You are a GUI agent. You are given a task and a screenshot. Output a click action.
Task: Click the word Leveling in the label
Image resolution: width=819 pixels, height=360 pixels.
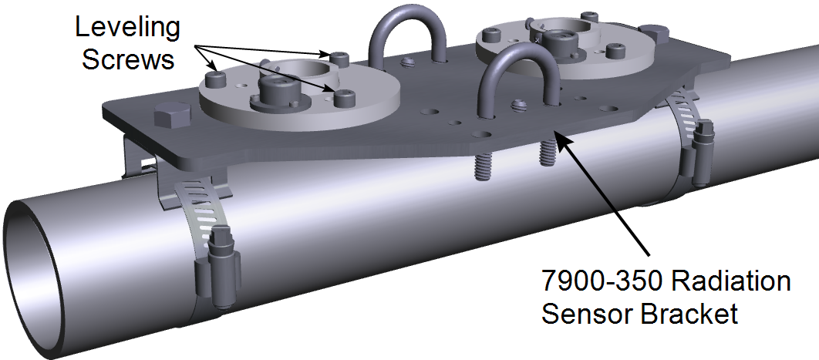coord(127,29)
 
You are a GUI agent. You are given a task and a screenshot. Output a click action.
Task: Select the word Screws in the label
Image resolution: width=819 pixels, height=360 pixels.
coord(128,59)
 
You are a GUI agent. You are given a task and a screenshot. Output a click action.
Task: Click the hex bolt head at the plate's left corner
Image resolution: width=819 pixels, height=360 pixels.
coord(169,119)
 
